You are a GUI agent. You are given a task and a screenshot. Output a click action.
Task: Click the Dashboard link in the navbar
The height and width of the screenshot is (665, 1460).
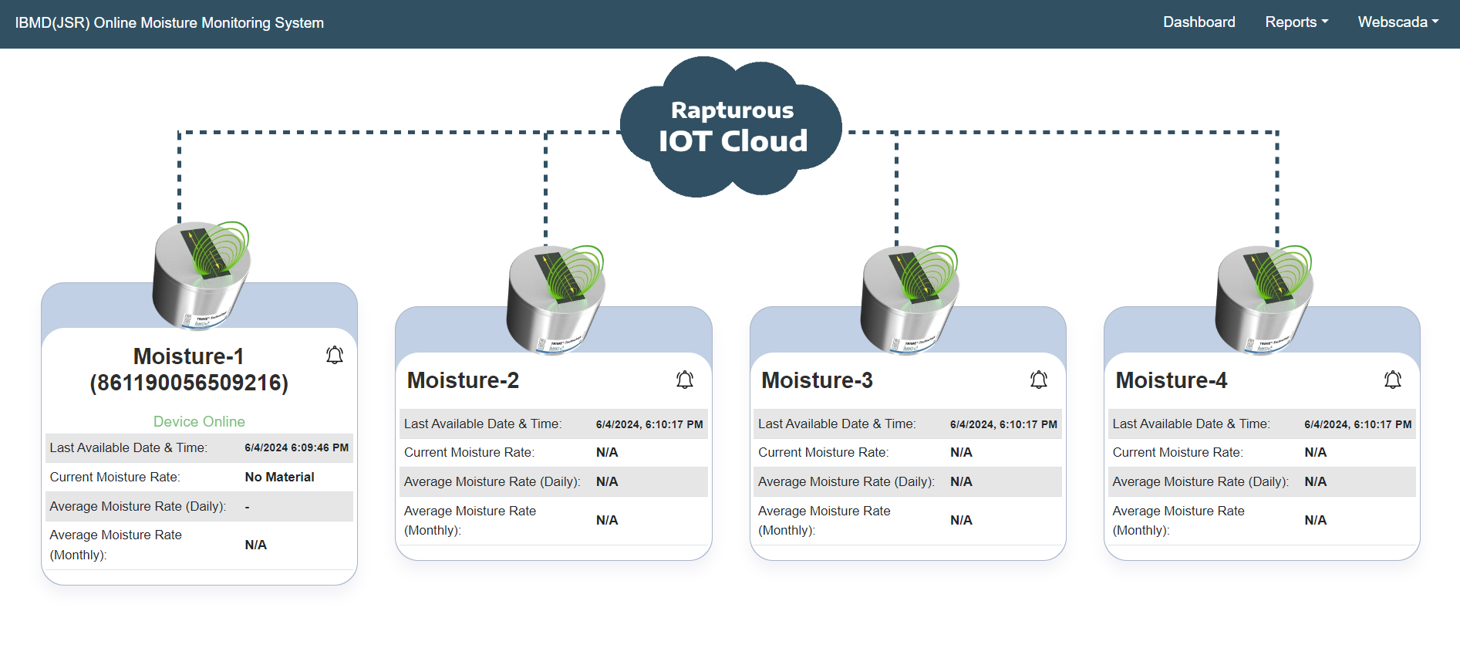tap(1199, 22)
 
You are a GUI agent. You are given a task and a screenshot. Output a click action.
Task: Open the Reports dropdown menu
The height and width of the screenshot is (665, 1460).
tap(1296, 22)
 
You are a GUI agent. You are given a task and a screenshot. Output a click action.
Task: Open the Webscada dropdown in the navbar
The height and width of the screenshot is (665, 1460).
tap(1398, 22)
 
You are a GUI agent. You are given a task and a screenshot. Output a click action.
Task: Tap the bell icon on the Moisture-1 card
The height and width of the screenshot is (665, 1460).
tap(335, 355)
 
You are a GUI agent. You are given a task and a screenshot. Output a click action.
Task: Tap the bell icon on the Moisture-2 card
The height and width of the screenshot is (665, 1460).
tap(685, 380)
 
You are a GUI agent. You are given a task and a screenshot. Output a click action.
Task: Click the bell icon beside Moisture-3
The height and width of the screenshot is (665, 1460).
tap(1039, 380)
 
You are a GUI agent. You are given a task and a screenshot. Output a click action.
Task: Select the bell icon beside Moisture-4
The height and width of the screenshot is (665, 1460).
tap(1393, 380)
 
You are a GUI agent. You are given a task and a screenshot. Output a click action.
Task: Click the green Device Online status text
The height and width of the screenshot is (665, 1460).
tap(199, 421)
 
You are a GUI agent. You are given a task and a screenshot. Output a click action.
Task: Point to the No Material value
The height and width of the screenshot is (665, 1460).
tap(279, 477)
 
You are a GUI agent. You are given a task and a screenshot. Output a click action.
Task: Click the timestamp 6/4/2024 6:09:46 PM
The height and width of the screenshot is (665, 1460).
tap(296, 447)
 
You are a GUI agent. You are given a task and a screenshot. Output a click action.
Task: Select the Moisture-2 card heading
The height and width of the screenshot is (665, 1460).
tap(463, 380)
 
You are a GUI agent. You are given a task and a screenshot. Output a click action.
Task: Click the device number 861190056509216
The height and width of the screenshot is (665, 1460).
tap(189, 383)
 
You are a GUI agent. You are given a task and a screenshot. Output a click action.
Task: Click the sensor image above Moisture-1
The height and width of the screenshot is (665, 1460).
tap(201, 275)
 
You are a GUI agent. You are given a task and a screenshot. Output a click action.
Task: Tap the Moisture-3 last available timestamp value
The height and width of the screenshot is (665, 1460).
tap(1003, 424)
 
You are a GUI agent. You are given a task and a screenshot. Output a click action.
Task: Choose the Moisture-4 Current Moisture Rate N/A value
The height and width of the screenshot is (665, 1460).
tap(1315, 452)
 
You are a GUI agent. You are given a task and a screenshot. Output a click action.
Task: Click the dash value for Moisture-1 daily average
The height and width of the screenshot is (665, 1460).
tap(248, 506)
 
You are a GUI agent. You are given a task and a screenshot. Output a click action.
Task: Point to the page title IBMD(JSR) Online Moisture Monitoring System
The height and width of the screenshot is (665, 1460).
tap(170, 23)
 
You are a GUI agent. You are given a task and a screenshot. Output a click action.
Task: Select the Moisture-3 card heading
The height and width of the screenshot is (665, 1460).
tap(817, 380)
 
